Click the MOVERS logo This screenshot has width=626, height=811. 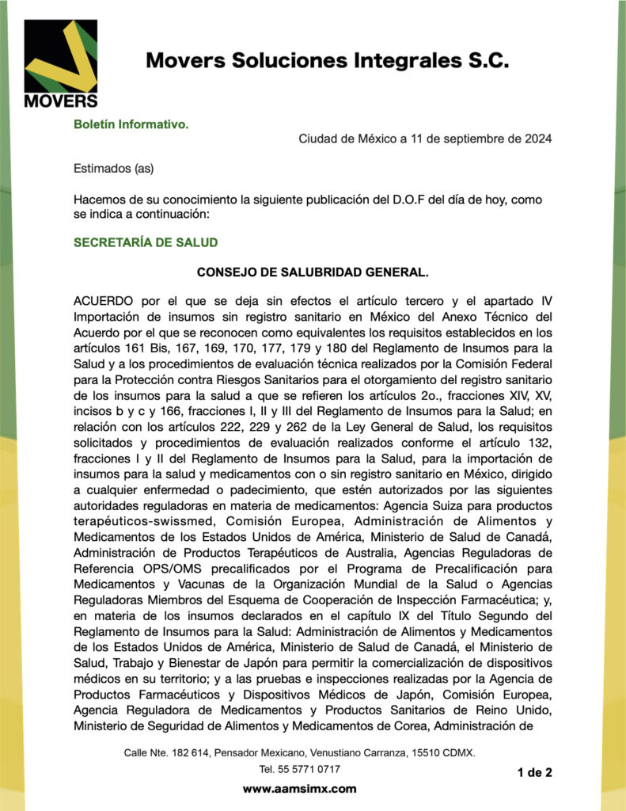tap(60, 63)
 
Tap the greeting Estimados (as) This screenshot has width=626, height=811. tap(113, 168)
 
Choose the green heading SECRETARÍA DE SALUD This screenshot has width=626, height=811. tap(146, 242)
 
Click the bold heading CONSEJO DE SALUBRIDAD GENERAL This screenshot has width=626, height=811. tap(313, 272)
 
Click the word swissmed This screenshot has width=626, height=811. tap(189, 522)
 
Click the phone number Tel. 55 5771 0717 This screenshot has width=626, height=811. tap(300, 769)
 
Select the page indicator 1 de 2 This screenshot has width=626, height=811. tap(534, 772)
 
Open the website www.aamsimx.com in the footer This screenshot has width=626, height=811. tap(299, 789)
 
